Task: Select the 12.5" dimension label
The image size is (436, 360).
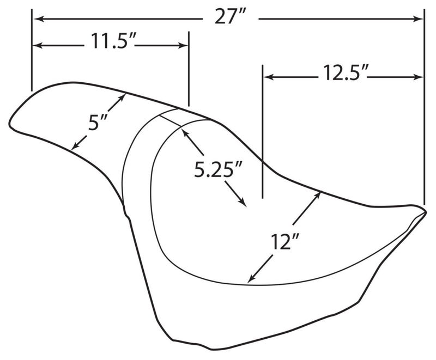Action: (x=343, y=74)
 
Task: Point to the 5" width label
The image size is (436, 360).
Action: (x=98, y=122)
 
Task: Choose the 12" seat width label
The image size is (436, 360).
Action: (x=284, y=242)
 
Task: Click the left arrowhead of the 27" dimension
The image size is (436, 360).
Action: (x=38, y=19)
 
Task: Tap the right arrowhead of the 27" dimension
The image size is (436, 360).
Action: (x=419, y=19)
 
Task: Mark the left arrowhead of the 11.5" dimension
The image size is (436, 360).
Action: (x=38, y=46)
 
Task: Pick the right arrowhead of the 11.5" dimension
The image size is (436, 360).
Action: (x=183, y=46)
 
